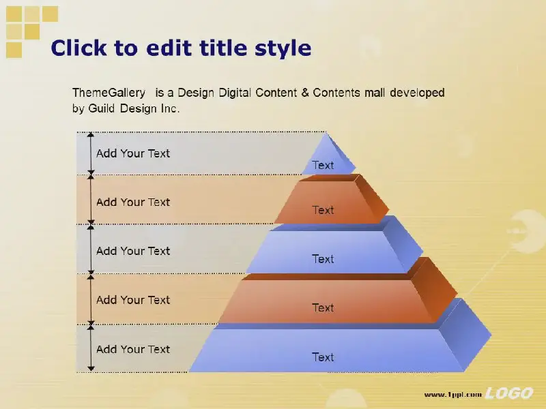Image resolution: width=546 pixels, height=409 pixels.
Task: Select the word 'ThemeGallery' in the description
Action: tap(109, 93)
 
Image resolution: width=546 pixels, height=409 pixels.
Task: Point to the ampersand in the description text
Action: tap(305, 93)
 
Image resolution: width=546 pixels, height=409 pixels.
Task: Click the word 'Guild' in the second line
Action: tap(101, 108)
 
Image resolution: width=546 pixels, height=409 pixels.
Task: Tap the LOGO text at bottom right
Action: tap(509, 393)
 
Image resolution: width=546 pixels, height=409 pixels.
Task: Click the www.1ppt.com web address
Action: tap(452, 395)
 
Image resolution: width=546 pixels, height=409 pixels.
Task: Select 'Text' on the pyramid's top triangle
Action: tap(323, 165)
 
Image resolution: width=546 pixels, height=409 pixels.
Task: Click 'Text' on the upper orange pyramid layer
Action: tap(323, 210)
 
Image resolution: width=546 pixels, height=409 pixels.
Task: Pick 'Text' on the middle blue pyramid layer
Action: tap(323, 259)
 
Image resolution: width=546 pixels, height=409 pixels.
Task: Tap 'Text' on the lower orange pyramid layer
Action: tap(323, 307)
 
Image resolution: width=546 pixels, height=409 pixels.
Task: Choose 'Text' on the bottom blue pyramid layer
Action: tap(323, 357)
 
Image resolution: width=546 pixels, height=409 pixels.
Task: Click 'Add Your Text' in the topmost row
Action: tap(133, 153)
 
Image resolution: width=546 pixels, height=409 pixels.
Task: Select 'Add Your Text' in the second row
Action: tap(133, 202)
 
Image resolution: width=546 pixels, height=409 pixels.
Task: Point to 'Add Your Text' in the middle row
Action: tap(133, 251)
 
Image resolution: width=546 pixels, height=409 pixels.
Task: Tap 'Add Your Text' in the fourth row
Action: tap(133, 300)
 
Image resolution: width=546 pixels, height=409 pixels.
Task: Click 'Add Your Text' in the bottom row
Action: tap(133, 349)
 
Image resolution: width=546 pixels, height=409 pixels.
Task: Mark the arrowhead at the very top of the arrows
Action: tap(91, 134)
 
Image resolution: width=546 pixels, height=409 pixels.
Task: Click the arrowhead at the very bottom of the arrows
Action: tap(91, 368)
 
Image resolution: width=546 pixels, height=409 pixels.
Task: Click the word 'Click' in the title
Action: tap(78, 48)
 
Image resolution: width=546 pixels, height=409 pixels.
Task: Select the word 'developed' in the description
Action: tap(417, 93)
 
